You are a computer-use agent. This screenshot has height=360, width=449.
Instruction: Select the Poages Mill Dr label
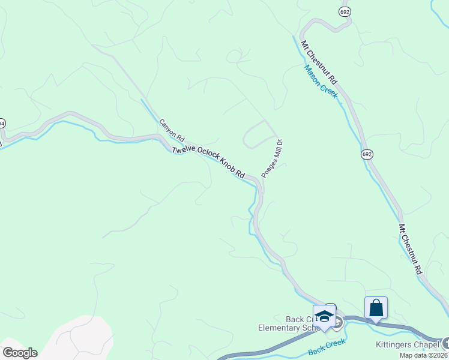[272, 158]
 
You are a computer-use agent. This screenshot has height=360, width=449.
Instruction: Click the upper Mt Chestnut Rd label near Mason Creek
[320, 62]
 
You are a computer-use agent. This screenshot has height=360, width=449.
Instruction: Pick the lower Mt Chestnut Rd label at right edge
[411, 250]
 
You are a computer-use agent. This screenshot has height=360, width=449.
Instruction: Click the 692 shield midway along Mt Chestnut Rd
[367, 155]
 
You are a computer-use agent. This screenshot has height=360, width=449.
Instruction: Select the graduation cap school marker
[324, 316]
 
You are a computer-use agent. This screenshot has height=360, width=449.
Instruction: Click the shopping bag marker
[376, 308]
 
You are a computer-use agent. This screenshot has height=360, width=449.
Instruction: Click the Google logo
[19, 353]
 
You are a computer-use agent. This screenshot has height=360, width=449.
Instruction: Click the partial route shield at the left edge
[2, 123]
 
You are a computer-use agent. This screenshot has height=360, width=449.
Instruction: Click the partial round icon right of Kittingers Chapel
[445, 343]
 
